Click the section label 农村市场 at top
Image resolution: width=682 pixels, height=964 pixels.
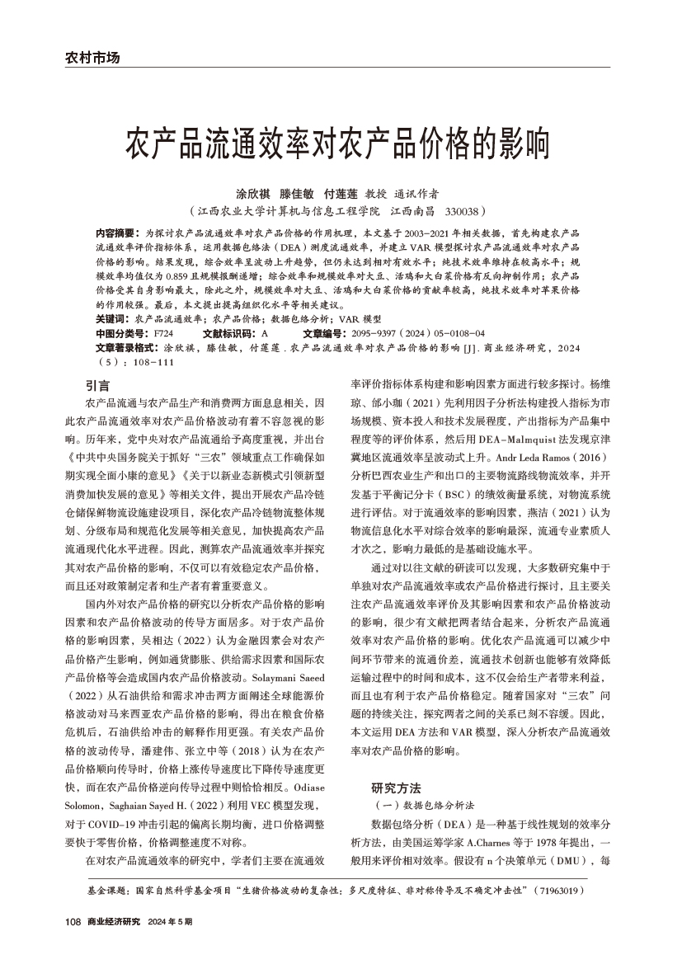(92, 58)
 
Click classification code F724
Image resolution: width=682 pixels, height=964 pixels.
(162, 332)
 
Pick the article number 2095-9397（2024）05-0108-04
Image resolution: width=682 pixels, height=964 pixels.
(408, 332)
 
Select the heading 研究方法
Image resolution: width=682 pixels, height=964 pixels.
(397, 786)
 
